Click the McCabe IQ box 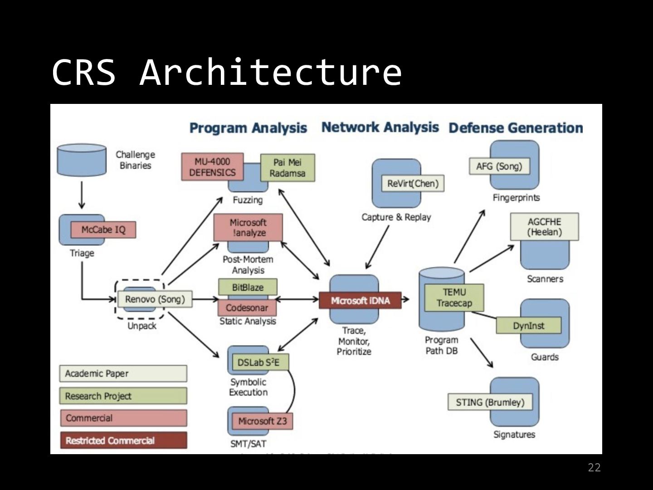pyautogui.click(x=103, y=230)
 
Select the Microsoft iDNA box pyautogui.click(x=360, y=300)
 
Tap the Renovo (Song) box pyautogui.click(x=155, y=299)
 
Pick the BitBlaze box pyautogui.click(x=248, y=287)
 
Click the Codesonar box pyautogui.click(x=247, y=308)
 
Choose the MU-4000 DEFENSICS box pyautogui.click(x=212, y=167)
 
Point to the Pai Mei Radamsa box pyautogui.click(x=287, y=168)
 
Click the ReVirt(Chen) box pyautogui.click(x=413, y=183)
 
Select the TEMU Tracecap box pyautogui.click(x=454, y=298)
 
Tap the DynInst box pyautogui.click(x=528, y=325)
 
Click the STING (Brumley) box pyautogui.click(x=490, y=402)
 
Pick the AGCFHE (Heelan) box pyautogui.click(x=544, y=227)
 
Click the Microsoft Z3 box pyautogui.click(x=262, y=421)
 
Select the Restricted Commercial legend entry pyautogui.click(x=123, y=440)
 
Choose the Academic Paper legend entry pyautogui.click(x=123, y=373)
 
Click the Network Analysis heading pyautogui.click(x=380, y=127)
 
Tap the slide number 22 pyautogui.click(x=594, y=468)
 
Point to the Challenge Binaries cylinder pyautogui.click(x=82, y=160)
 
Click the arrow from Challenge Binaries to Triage pyautogui.click(x=82, y=195)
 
